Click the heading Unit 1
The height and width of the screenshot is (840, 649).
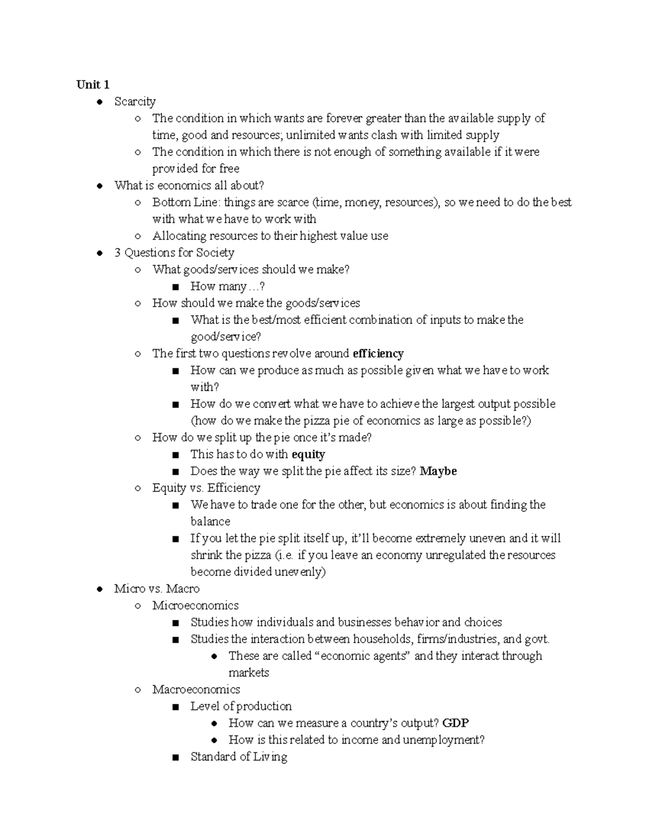93,84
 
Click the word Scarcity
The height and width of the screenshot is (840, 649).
135,102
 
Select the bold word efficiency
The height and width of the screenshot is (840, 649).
378,354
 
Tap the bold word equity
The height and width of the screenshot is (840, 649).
308,454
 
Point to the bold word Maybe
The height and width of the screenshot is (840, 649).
438,471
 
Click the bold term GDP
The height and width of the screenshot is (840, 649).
455,723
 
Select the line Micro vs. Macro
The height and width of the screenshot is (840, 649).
157,588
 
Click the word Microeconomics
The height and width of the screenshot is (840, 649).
195,605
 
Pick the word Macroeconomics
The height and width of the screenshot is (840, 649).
196,689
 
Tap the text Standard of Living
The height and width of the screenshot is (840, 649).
239,757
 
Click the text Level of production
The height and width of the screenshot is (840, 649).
241,706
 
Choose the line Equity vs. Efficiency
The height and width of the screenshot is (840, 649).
206,488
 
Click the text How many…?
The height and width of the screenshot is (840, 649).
228,287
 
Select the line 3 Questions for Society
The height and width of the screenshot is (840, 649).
174,253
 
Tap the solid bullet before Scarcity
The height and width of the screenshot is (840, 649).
100,102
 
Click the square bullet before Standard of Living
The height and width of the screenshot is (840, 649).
175,757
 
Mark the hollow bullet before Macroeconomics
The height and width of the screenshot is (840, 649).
138,690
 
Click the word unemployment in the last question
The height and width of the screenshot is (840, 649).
444,740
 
